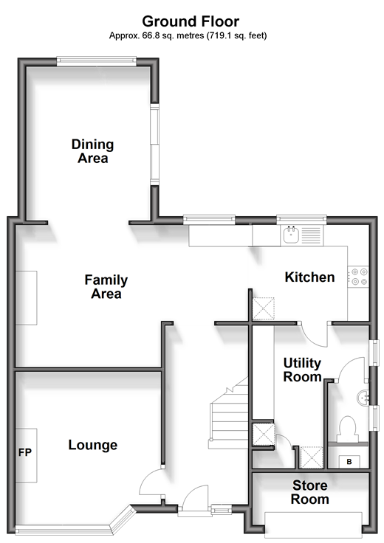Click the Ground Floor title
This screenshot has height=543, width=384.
(x=191, y=21)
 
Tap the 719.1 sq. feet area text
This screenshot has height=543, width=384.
(x=237, y=35)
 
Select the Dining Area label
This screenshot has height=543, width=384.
(x=92, y=151)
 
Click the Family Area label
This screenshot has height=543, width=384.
(x=106, y=287)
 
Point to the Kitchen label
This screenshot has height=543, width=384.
(x=309, y=277)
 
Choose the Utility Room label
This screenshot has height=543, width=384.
(x=302, y=370)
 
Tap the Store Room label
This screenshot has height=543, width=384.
(x=310, y=492)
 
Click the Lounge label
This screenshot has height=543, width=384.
(x=92, y=446)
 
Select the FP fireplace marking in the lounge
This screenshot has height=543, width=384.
(x=25, y=452)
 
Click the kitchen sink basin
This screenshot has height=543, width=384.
(x=291, y=235)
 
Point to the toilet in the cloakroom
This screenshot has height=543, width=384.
(x=348, y=429)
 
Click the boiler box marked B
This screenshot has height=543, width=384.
(x=349, y=462)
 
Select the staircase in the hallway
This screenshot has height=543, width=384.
(x=229, y=413)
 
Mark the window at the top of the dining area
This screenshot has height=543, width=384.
(x=96, y=61)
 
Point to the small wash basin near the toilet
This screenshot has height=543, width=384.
(x=362, y=398)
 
